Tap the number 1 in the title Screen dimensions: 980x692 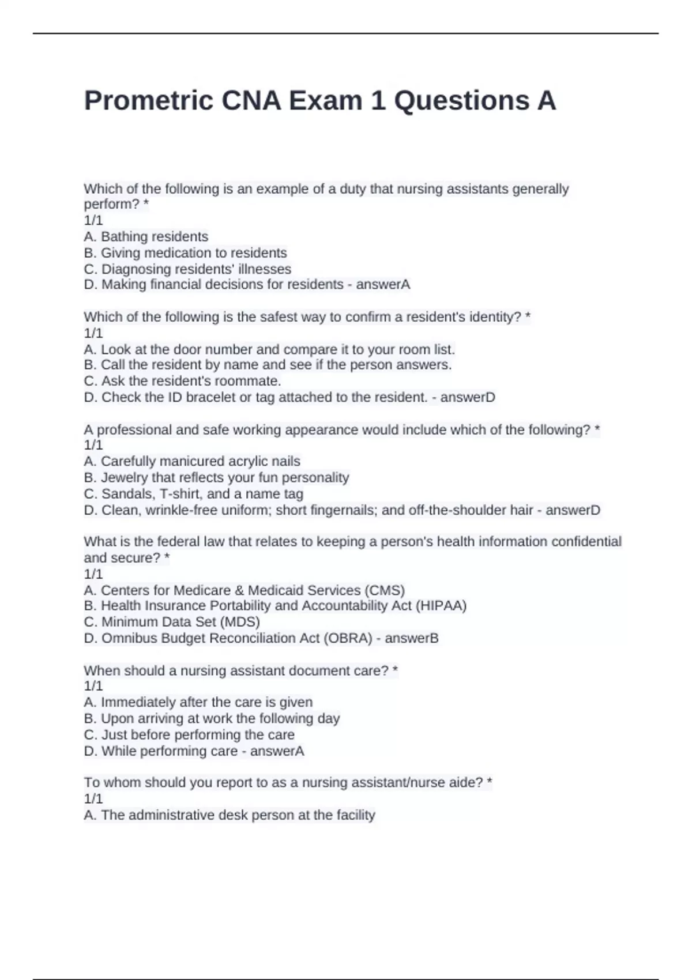point(378,101)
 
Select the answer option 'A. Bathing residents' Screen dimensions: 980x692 point(146,237)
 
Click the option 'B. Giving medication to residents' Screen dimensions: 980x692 point(185,253)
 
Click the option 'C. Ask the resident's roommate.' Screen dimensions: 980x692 point(182,381)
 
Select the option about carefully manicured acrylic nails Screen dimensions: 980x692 point(192,462)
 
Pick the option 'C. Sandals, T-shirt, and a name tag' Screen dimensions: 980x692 point(193,494)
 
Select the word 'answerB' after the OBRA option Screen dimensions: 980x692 point(411,638)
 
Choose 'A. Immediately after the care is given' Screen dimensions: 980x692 point(198,702)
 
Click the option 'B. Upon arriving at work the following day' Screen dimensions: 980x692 point(212,719)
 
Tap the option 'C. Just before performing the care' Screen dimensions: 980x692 point(189,735)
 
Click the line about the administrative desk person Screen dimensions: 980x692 point(230,815)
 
